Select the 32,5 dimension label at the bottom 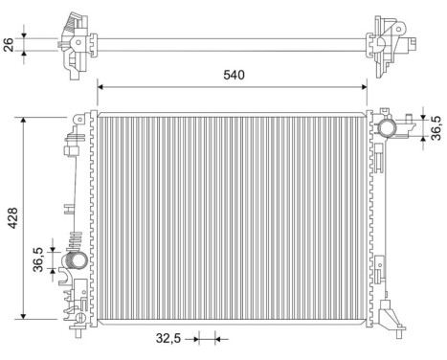tap(168, 337)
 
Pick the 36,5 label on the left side tap(38, 259)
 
